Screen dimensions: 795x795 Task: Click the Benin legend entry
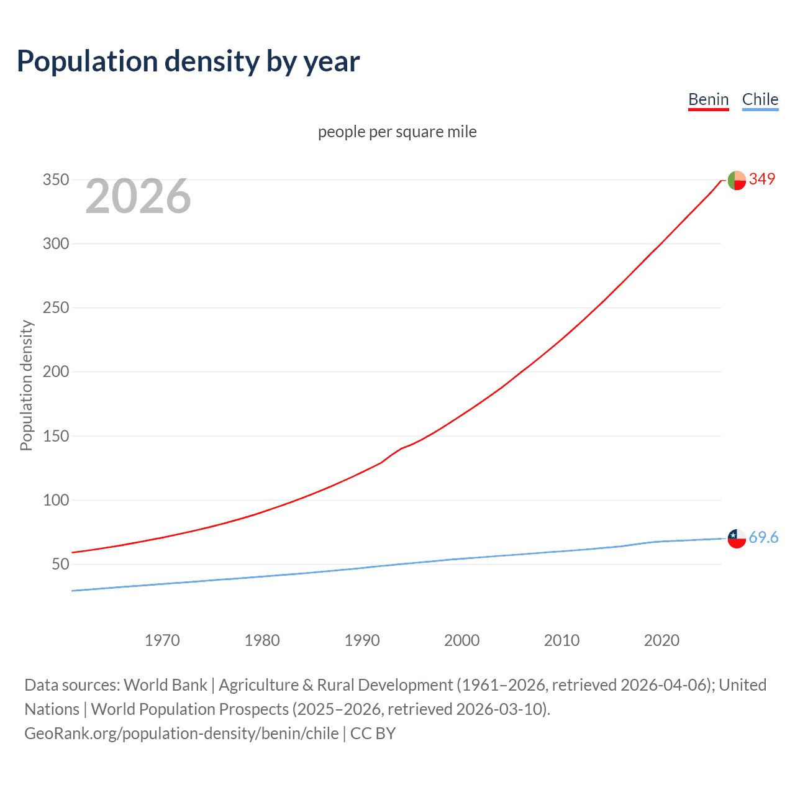pos(708,99)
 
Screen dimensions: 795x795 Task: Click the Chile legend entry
pos(760,99)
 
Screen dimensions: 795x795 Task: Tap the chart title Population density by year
pos(188,61)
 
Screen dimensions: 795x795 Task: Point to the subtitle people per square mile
pos(397,132)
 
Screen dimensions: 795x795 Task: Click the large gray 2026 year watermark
pos(138,196)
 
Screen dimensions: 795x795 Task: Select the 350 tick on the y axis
pos(55,180)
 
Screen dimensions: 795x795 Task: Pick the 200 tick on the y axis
pos(55,372)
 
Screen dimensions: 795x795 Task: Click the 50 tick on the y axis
pos(60,565)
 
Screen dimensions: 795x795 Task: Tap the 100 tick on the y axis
pos(55,500)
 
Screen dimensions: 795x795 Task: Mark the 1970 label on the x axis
pos(162,640)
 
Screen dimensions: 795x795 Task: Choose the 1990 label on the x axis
pos(362,640)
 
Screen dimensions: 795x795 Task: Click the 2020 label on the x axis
pos(661,640)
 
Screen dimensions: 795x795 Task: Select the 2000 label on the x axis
pos(461,640)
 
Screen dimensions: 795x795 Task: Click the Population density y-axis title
pos(26,385)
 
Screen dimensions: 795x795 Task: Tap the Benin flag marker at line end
pos(737,180)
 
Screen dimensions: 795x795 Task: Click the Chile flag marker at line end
pos(737,538)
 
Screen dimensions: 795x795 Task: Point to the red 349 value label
pos(762,179)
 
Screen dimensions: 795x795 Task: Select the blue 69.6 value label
pos(763,537)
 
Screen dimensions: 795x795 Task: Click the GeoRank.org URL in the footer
pos(181,734)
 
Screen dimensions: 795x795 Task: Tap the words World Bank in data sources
pos(165,685)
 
